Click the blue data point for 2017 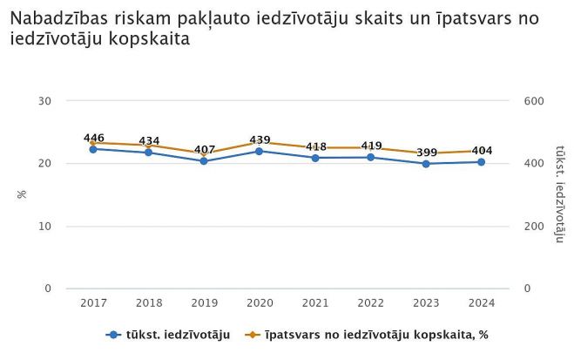coord(93,149)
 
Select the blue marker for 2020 coord(260,151)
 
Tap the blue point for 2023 coord(426,163)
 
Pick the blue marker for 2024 coord(482,162)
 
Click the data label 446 coord(94,138)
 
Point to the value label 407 coord(205,149)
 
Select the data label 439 coord(260,139)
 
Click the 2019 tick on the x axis coord(204,302)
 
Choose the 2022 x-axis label coord(370,302)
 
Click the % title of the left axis coord(22,194)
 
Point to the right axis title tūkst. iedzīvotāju coord(560,194)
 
